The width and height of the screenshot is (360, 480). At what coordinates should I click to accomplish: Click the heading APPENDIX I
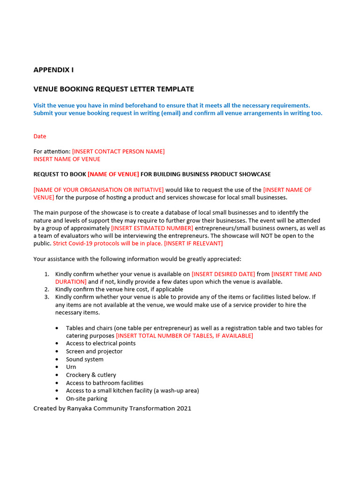(x=53, y=70)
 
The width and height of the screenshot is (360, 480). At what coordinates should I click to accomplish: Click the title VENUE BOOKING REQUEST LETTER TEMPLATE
(x=113, y=89)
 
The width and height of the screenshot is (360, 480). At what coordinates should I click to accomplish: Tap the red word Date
(x=40, y=136)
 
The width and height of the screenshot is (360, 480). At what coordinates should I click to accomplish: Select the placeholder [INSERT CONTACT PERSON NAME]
(x=118, y=151)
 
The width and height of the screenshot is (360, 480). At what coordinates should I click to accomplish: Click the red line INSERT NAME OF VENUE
(x=67, y=159)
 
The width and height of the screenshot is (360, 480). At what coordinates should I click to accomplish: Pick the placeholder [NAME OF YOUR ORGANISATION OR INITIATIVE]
(x=98, y=190)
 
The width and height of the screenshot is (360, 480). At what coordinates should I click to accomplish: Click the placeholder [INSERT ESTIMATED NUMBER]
(x=152, y=228)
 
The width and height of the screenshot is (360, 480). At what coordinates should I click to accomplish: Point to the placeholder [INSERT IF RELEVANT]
(x=193, y=243)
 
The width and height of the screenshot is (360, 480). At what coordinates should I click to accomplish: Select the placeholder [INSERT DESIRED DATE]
(x=224, y=274)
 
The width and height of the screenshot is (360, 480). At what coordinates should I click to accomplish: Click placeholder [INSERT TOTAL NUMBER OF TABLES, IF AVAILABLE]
(x=184, y=336)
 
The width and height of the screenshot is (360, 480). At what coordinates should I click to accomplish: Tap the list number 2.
(x=46, y=290)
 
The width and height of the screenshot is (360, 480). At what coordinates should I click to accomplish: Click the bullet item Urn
(x=71, y=367)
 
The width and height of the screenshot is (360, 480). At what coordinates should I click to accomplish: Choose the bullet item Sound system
(x=85, y=360)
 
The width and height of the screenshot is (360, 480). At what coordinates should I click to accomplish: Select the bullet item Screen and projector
(x=94, y=352)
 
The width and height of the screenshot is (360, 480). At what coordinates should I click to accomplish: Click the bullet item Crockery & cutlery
(x=91, y=375)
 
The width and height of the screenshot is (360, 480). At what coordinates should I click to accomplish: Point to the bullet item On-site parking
(x=87, y=398)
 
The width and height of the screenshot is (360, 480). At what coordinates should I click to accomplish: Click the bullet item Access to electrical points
(x=101, y=344)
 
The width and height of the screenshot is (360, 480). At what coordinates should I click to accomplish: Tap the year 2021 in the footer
(x=184, y=408)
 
